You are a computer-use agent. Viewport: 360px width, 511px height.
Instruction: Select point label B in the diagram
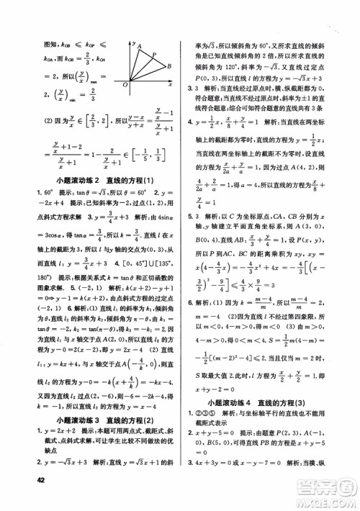(167, 66)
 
